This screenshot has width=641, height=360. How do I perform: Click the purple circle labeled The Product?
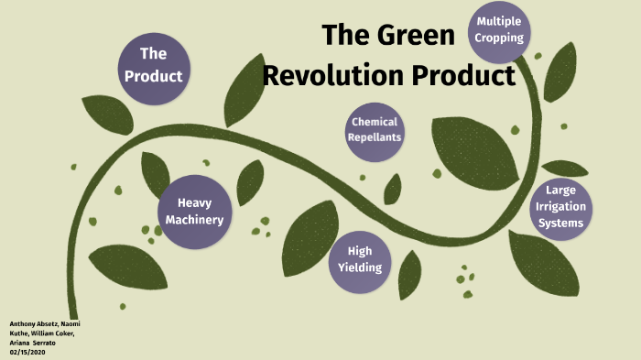[x=154, y=64]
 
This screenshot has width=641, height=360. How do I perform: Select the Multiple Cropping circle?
[x=499, y=30]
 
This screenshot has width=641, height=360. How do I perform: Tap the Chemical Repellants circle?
[x=374, y=130]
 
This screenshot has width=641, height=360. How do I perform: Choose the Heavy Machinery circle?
[x=194, y=211]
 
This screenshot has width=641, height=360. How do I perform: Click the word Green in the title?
[x=416, y=36]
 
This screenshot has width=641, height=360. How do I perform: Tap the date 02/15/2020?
[x=27, y=352]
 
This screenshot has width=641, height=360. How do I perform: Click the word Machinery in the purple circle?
[x=194, y=220]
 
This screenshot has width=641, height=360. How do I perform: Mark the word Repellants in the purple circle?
[x=374, y=138]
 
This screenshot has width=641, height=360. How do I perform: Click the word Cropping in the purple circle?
[x=499, y=38]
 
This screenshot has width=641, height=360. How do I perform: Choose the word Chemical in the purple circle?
[x=374, y=122]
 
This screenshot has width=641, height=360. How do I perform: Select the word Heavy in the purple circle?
[x=194, y=202]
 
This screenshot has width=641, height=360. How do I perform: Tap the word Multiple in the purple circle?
[x=499, y=22]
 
